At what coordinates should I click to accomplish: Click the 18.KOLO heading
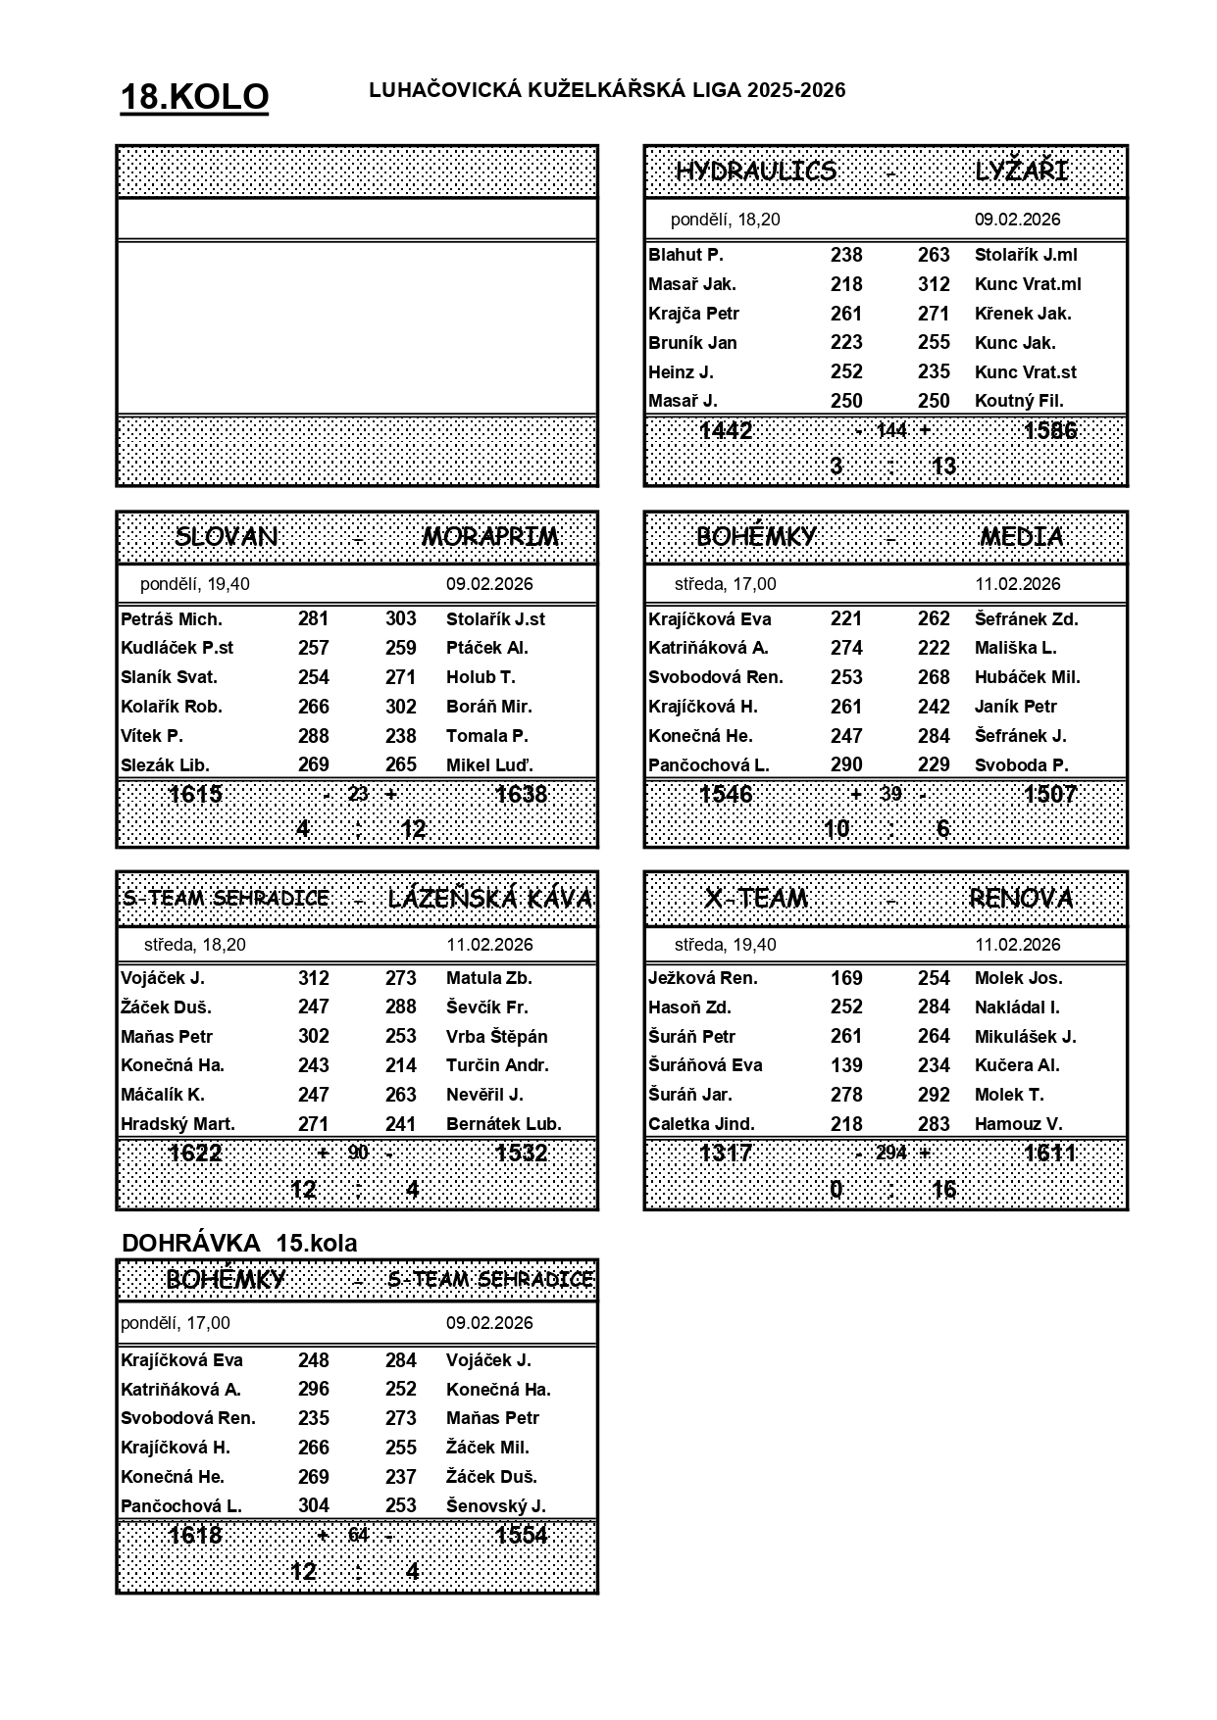[x=194, y=97]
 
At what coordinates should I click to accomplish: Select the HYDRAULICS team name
[x=756, y=172]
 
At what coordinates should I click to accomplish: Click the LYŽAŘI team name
[x=1021, y=172]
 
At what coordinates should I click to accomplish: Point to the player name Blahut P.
[x=685, y=255]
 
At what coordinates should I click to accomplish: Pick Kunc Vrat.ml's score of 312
[x=934, y=284]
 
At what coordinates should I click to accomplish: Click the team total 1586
[x=1049, y=430]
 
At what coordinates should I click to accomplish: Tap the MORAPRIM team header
[x=490, y=537]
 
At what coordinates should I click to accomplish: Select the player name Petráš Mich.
[x=172, y=619]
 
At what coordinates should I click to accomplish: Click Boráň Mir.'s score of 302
[x=401, y=707]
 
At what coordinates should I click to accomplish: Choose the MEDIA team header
[x=1021, y=537]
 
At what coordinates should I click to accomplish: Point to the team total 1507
[x=1049, y=794]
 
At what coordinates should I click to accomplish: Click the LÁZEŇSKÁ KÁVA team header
[x=490, y=898]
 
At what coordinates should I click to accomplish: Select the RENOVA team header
[x=1021, y=898]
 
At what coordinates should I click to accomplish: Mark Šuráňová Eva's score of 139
[x=846, y=1065]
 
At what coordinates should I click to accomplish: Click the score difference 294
[x=891, y=1153]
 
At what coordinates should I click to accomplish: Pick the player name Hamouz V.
[x=1018, y=1124]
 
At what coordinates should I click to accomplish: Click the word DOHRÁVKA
[x=191, y=1244]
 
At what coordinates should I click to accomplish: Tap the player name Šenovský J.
[x=495, y=1506]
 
